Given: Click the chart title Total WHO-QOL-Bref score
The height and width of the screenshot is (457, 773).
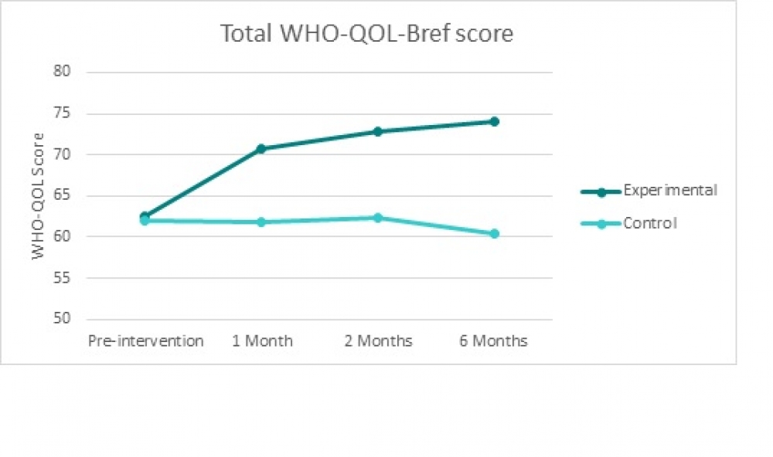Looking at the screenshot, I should pos(366,34).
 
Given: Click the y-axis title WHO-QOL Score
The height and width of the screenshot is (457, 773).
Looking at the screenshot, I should pos(39,195).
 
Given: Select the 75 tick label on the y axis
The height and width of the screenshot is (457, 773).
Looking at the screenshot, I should pos(63,113).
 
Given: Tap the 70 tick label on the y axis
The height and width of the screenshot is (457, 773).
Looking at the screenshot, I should pos(63,154).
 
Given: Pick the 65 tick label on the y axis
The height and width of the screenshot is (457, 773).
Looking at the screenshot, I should pos(63,195).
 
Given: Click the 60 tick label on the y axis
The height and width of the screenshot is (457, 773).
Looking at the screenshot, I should pos(63,236).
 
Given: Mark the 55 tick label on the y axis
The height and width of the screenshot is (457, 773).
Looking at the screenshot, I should pos(63,278).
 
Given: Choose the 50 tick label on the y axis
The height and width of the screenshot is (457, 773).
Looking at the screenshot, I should pos(63,319).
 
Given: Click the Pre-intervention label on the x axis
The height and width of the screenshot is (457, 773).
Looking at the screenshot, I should pos(145,340).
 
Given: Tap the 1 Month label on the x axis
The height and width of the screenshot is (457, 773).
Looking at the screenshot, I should pos(262,340).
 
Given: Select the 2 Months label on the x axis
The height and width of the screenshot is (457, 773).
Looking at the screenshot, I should pos(378,340).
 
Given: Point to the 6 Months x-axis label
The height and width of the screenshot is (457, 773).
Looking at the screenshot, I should pos(493,340).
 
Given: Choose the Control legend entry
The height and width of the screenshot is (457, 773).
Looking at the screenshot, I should pos(649,224).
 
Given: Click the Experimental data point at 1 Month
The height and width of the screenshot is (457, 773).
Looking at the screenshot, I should pos(261,148).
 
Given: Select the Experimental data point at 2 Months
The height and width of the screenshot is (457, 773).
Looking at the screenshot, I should pos(377,131).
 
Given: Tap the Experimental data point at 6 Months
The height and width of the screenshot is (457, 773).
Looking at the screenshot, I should pos(494,121).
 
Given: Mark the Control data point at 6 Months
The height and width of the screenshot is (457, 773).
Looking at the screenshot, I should pos(494,233).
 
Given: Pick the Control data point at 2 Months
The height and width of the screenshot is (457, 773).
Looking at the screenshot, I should pos(377,218).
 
